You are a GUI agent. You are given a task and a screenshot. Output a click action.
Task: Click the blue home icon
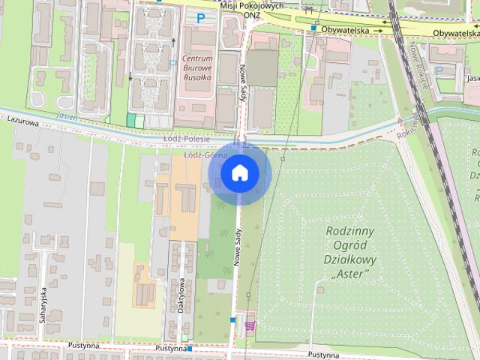coord(239,173)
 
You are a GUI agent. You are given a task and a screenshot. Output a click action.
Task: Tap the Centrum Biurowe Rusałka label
coord(198,68)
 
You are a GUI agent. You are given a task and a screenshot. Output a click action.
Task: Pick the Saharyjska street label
coord(43,304)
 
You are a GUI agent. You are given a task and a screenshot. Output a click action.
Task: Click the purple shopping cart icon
coord(249,325)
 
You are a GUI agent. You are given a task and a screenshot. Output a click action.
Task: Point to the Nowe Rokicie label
coord(418,66)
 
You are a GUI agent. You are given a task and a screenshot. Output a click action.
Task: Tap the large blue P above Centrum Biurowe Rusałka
coord(200,17)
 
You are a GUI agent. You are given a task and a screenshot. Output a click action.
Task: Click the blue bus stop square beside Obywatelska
coord(313,28)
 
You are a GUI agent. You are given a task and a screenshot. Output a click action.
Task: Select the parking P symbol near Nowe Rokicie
coord(439,70)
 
